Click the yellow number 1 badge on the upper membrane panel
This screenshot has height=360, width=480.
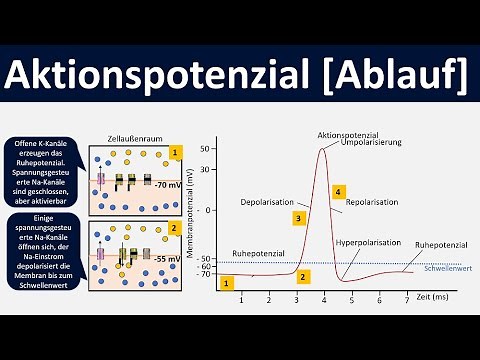[x=176, y=153]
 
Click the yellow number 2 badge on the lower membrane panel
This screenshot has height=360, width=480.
[x=176, y=227]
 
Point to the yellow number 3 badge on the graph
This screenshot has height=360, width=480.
[x=298, y=217]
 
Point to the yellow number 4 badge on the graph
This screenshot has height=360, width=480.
[x=339, y=191]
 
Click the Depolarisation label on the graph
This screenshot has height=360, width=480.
[x=267, y=202]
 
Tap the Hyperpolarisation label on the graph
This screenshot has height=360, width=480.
[x=370, y=243]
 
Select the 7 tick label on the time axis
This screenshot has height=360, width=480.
[x=405, y=300]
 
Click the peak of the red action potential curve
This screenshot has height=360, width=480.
[x=322, y=149]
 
